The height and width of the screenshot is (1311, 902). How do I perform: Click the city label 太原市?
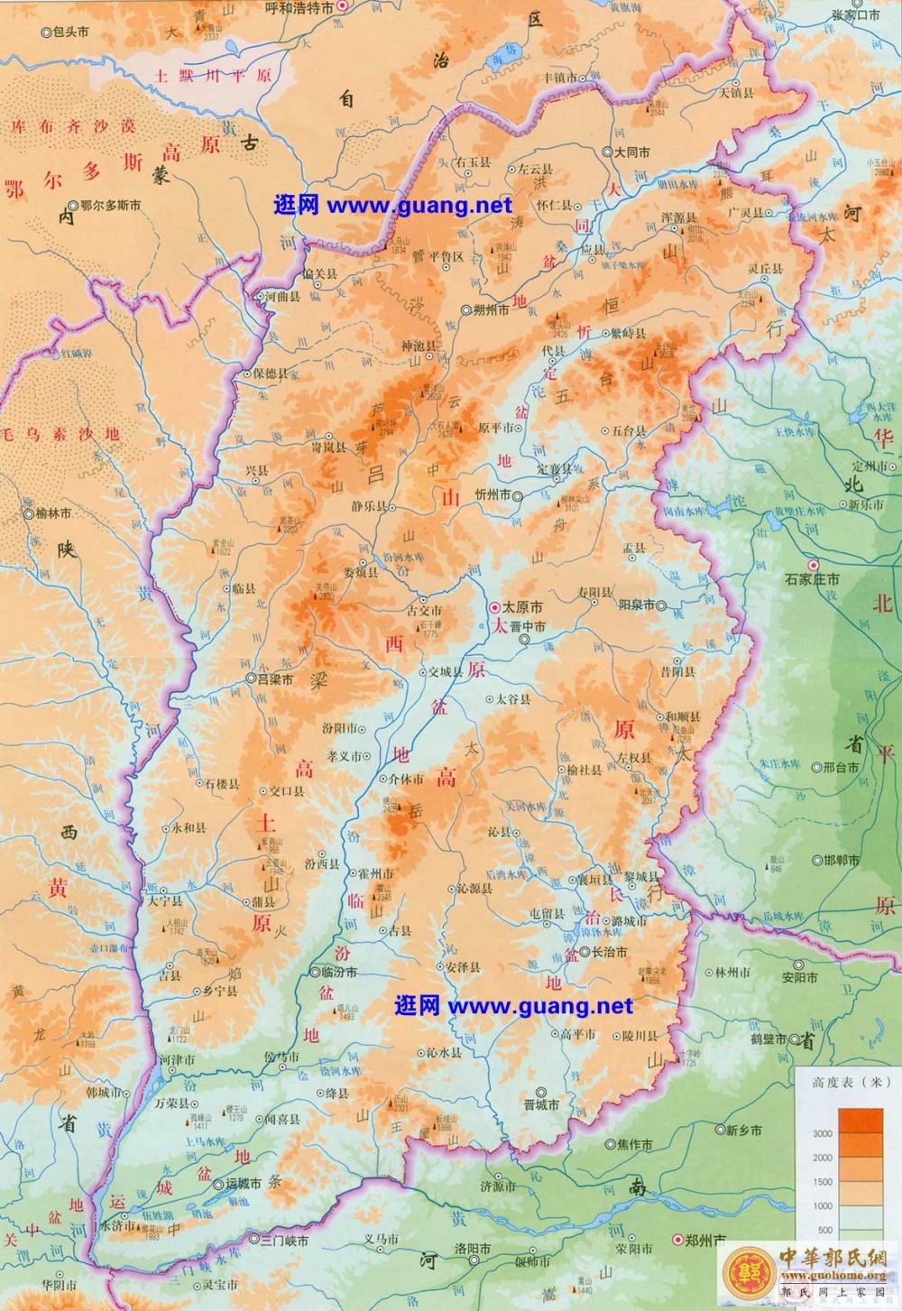click(x=521, y=607)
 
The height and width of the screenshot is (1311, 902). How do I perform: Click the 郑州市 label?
click(x=708, y=1242)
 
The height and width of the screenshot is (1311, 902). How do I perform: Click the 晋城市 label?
click(x=541, y=1104)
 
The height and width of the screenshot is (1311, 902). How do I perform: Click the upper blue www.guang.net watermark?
click(x=392, y=205)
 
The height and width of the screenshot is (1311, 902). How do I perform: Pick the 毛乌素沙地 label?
click(x=60, y=434)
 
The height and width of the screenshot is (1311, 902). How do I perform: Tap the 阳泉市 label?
click(x=640, y=605)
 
